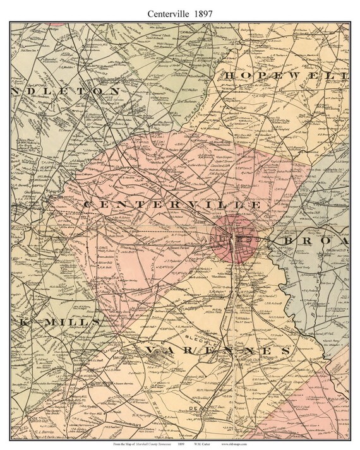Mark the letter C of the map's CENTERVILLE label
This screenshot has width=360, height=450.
87,205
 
